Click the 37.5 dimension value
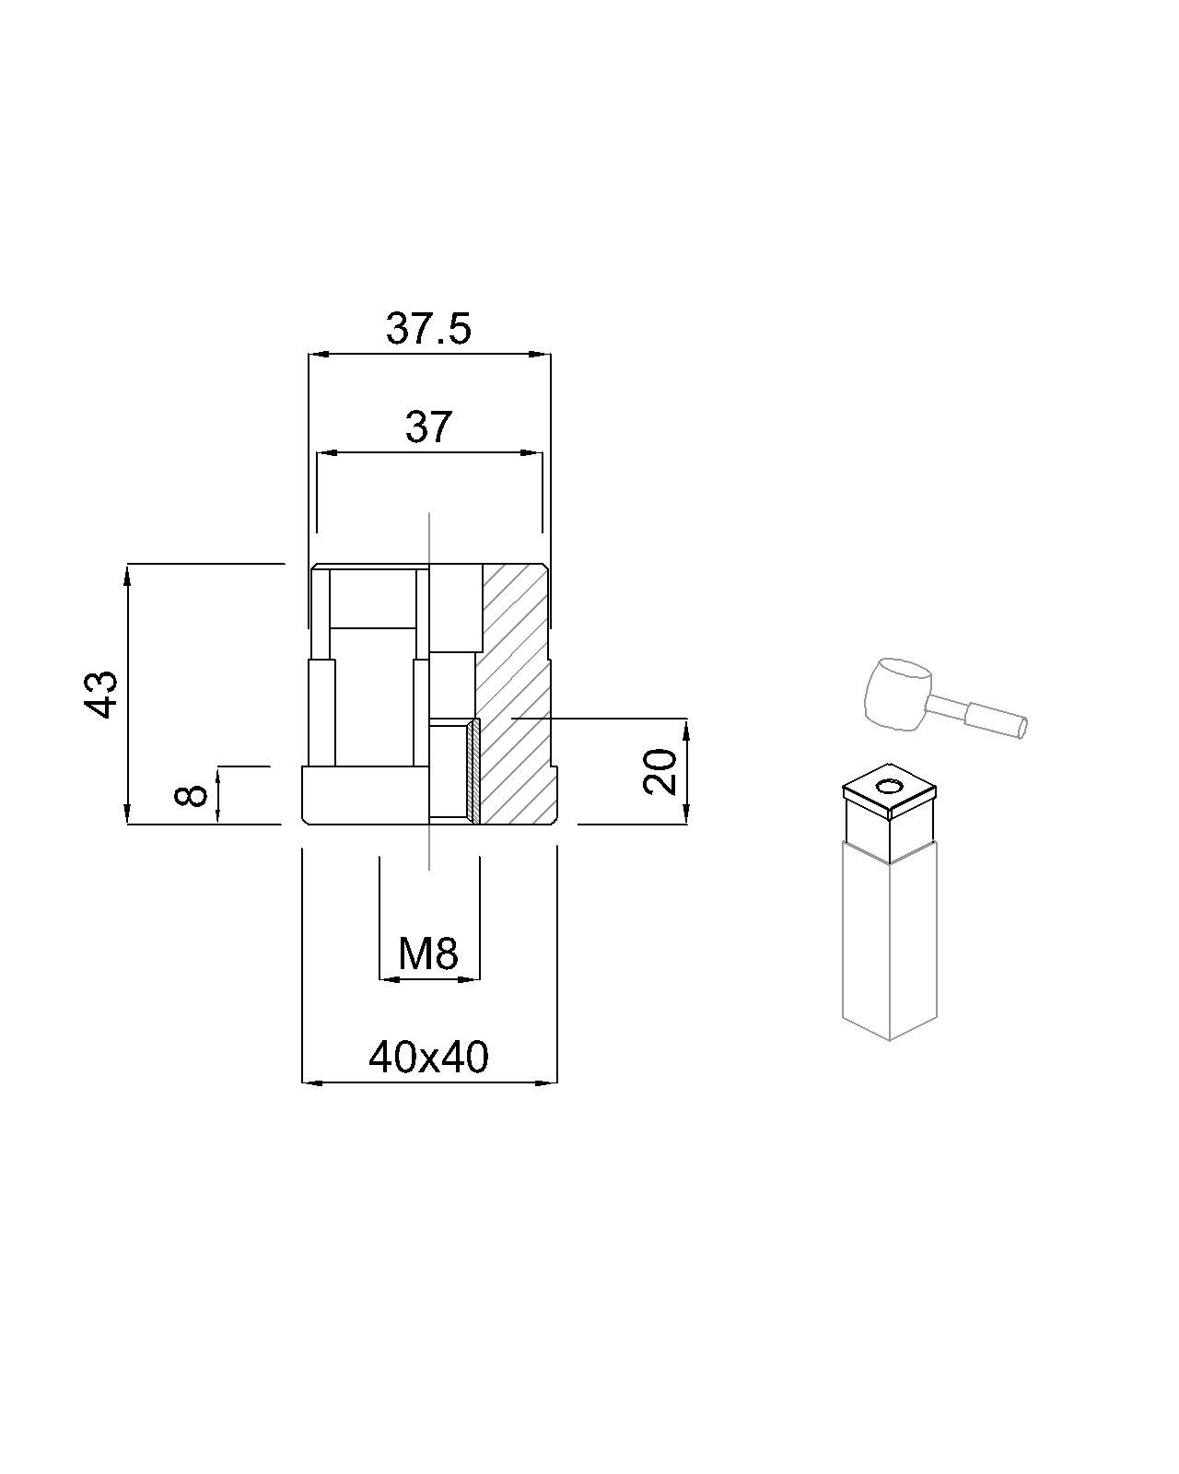pos(428,329)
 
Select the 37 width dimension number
pos(429,427)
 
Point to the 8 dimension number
pos(192,795)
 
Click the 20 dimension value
pos(660,771)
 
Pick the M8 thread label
pos(428,953)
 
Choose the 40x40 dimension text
pos(429,1057)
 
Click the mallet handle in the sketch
pos(980,714)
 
